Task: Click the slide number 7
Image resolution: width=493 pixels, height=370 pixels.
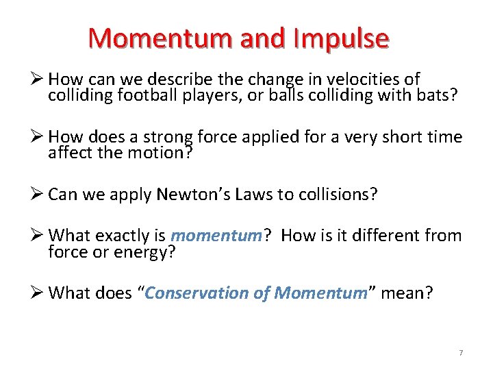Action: (x=461, y=352)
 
